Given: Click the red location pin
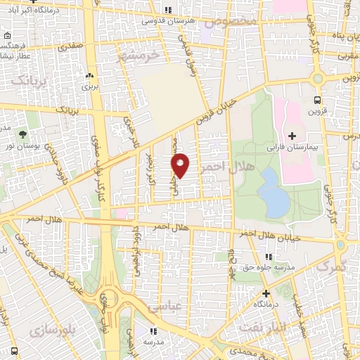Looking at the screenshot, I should pos(181,164).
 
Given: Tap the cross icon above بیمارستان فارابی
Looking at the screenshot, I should pos(292,135).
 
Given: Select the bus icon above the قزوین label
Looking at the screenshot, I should pos(317,100).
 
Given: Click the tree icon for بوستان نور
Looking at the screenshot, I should pos(22,134).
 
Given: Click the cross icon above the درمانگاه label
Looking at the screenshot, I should pos(266,293).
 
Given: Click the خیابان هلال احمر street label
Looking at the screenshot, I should pos(276,234).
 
